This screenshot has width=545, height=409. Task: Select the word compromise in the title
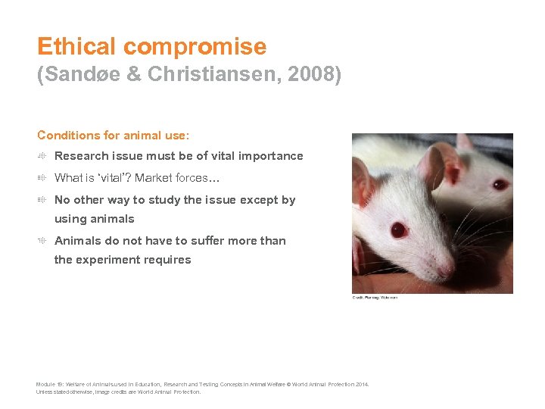click(x=195, y=47)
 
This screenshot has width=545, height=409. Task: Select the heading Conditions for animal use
click(x=114, y=136)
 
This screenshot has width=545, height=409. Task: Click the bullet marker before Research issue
click(x=43, y=156)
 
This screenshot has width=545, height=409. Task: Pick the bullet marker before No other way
click(x=43, y=200)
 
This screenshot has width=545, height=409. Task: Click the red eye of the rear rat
click(x=500, y=184)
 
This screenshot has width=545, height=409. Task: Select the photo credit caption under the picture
click(x=375, y=298)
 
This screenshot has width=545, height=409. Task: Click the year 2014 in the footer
click(x=361, y=385)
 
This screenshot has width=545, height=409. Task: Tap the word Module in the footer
click(x=45, y=385)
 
